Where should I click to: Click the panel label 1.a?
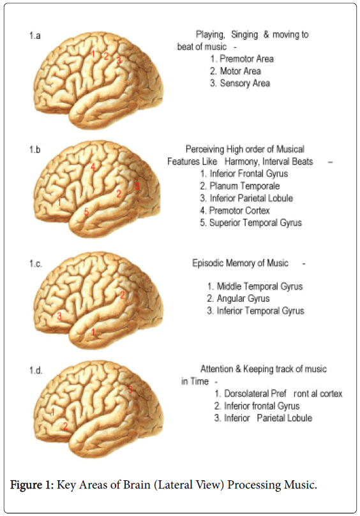point(35,36)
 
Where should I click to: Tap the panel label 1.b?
point(35,150)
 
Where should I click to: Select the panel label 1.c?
point(36,264)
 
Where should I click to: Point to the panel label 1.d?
point(36,371)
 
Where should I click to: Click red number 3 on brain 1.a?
point(119,60)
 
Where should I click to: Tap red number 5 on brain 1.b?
point(86,212)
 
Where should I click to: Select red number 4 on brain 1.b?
point(93,166)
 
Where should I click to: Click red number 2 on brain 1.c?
point(123,295)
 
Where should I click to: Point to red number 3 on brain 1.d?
point(130,389)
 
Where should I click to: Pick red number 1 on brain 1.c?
point(93,332)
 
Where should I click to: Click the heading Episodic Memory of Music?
point(241,263)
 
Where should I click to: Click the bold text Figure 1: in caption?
point(32,485)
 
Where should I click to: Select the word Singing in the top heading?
point(244,35)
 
